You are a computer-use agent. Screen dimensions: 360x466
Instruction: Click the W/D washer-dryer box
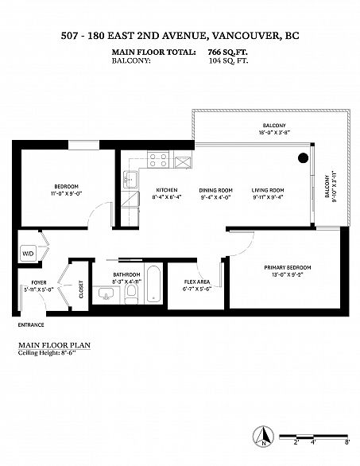[28, 254]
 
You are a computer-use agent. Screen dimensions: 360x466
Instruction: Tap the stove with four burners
[158, 160]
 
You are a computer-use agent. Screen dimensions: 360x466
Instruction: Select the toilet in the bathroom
[131, 294]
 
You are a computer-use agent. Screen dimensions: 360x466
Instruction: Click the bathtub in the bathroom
[154, 284]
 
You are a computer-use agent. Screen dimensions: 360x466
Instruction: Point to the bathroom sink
[106, 293]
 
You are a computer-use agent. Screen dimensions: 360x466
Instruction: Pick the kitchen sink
[130, 179]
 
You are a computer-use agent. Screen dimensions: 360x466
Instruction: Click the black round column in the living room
[303, 157]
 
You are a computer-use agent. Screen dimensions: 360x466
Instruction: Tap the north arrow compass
[263, 436]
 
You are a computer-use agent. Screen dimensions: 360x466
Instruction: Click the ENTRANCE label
[31, 324]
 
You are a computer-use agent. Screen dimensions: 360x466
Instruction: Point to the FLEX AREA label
[197, 282]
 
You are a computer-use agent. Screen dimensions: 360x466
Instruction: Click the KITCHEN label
[167, 190]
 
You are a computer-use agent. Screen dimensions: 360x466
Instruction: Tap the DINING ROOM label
[215, 190]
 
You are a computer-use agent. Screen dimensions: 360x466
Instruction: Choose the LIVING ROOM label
[268, 190]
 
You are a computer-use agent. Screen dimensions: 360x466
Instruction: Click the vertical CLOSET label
[81, 289]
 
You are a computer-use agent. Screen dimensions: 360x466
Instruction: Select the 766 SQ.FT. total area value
[228, 52]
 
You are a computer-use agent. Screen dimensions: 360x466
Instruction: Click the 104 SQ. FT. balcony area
[229, 61]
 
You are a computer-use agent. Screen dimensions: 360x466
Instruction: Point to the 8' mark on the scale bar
[347, 442]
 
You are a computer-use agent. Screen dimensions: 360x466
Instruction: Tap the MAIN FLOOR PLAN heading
[54, 345]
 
